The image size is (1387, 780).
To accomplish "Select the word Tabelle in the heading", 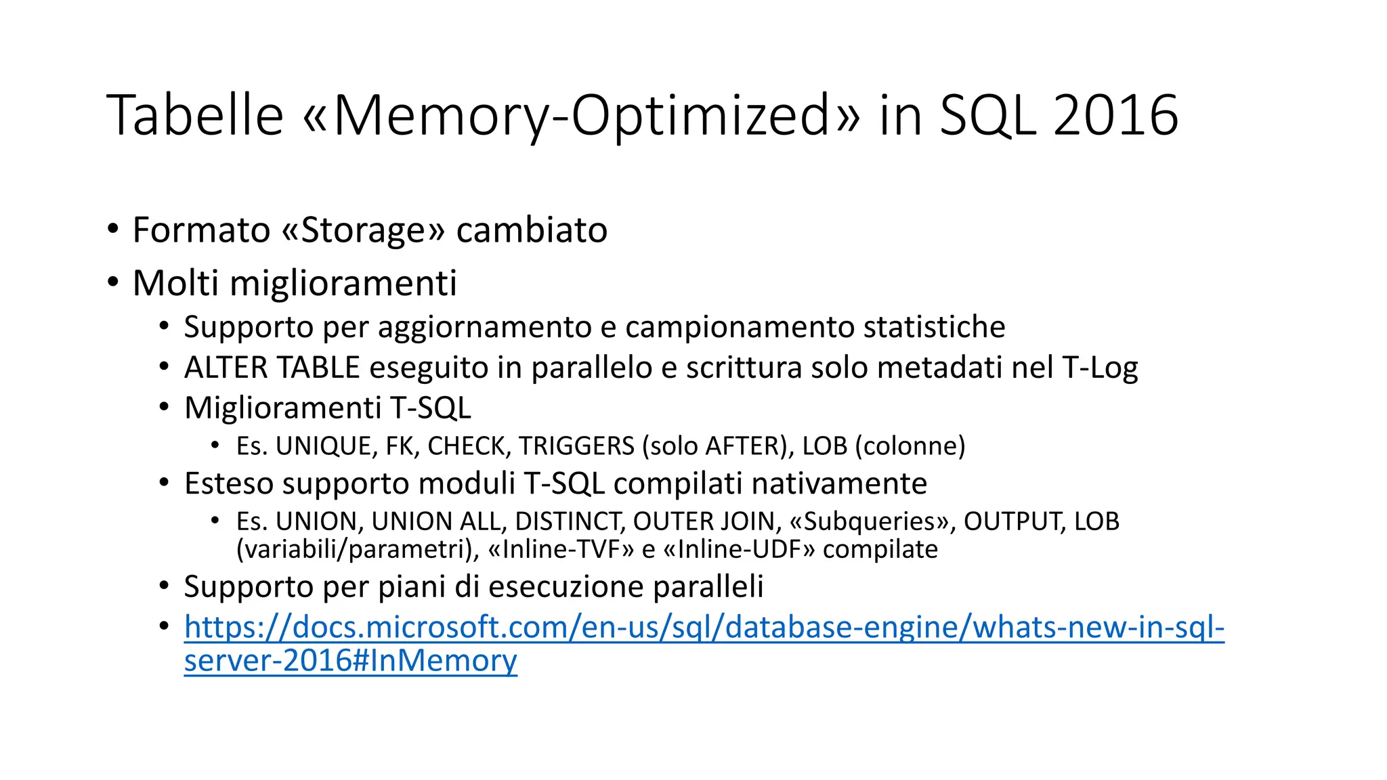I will (195, 116).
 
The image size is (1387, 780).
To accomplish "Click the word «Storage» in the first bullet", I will (363, 230).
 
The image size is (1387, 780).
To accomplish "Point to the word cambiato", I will (532, 230).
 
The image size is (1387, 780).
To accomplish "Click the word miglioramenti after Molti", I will (343, 283).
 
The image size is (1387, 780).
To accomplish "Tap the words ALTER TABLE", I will (272, 368).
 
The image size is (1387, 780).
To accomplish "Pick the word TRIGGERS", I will (576, 446).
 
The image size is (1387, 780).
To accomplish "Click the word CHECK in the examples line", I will (467, 446).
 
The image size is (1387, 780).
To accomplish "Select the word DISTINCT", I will (569, 521).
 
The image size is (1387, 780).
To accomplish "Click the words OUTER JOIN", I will (704, 521).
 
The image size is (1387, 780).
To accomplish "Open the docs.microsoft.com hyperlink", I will (704, 628).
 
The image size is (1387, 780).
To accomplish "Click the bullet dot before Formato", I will (113, 228).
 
